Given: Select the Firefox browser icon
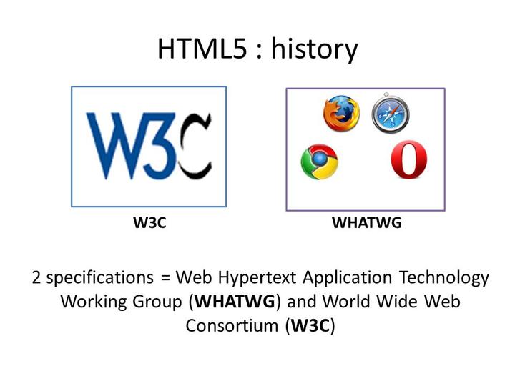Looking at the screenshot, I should point(340,114).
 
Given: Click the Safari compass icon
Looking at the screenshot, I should point(390,113).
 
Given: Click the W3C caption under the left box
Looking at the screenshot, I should point(149,223).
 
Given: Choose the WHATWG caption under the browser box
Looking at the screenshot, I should point(366,223).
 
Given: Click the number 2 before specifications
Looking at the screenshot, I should point(36,277).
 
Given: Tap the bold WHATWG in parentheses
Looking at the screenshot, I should point(235,301).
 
